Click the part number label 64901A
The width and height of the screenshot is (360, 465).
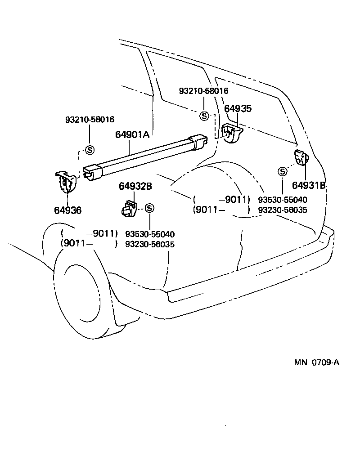coord(132,134)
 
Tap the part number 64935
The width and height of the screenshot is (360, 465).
coord(238,108)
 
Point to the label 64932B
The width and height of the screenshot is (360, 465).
coord(135,186)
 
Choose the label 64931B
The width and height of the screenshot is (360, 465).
coord(309,185)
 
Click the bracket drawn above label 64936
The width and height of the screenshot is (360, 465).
coord(66,182)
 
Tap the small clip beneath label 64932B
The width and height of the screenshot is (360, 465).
coord(128,209)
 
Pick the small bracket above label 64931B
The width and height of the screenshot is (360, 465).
coord(301,158)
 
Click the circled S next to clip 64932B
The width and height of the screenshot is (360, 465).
coord(150,208)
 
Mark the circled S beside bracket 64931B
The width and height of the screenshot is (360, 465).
coord(282,171)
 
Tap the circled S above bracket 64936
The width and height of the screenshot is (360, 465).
coord(90,150)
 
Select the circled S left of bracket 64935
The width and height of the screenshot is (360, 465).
coord(204,116)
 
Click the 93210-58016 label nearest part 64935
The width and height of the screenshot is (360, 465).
coord(203,91)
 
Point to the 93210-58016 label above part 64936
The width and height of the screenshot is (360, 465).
coord(90,120)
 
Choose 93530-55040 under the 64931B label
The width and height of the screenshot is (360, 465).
coord(283,200)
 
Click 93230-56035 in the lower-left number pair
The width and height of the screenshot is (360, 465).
coord(150,244)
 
